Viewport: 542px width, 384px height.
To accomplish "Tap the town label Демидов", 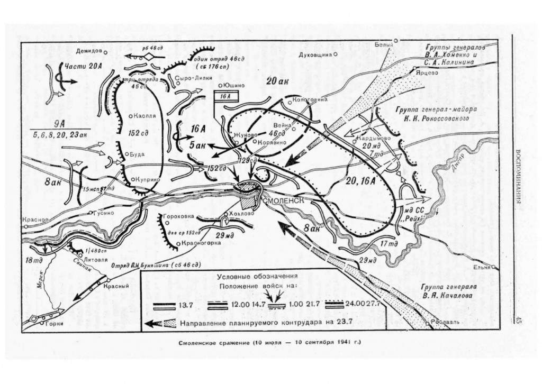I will [87, 51].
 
